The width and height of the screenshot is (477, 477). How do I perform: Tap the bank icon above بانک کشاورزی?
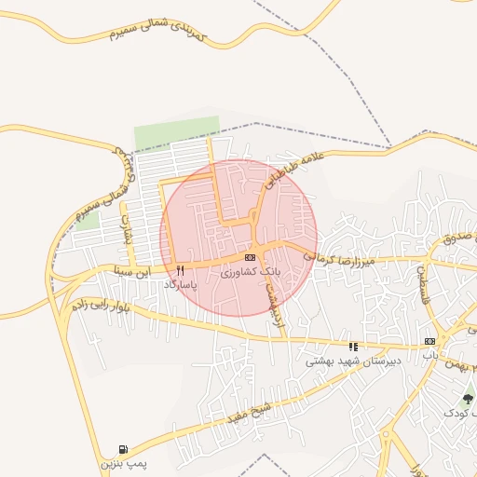pyautogui.click(x=249, y=257)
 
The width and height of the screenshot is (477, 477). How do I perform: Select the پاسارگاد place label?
pyautogui.click(x=180, y=283)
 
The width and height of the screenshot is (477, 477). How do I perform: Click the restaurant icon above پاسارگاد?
pyautogui.click(x=180, y=270)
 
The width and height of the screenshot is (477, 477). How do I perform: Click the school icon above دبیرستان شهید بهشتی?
pyautogui.click(x=353, y=347)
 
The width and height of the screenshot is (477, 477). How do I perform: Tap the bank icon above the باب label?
pyautogui.click(x=429, y=342)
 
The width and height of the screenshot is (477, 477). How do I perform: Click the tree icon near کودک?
pyautogui.click(x=468, y=399)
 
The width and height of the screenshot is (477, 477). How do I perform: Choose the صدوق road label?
pyautogui.click(x=456, y=238)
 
